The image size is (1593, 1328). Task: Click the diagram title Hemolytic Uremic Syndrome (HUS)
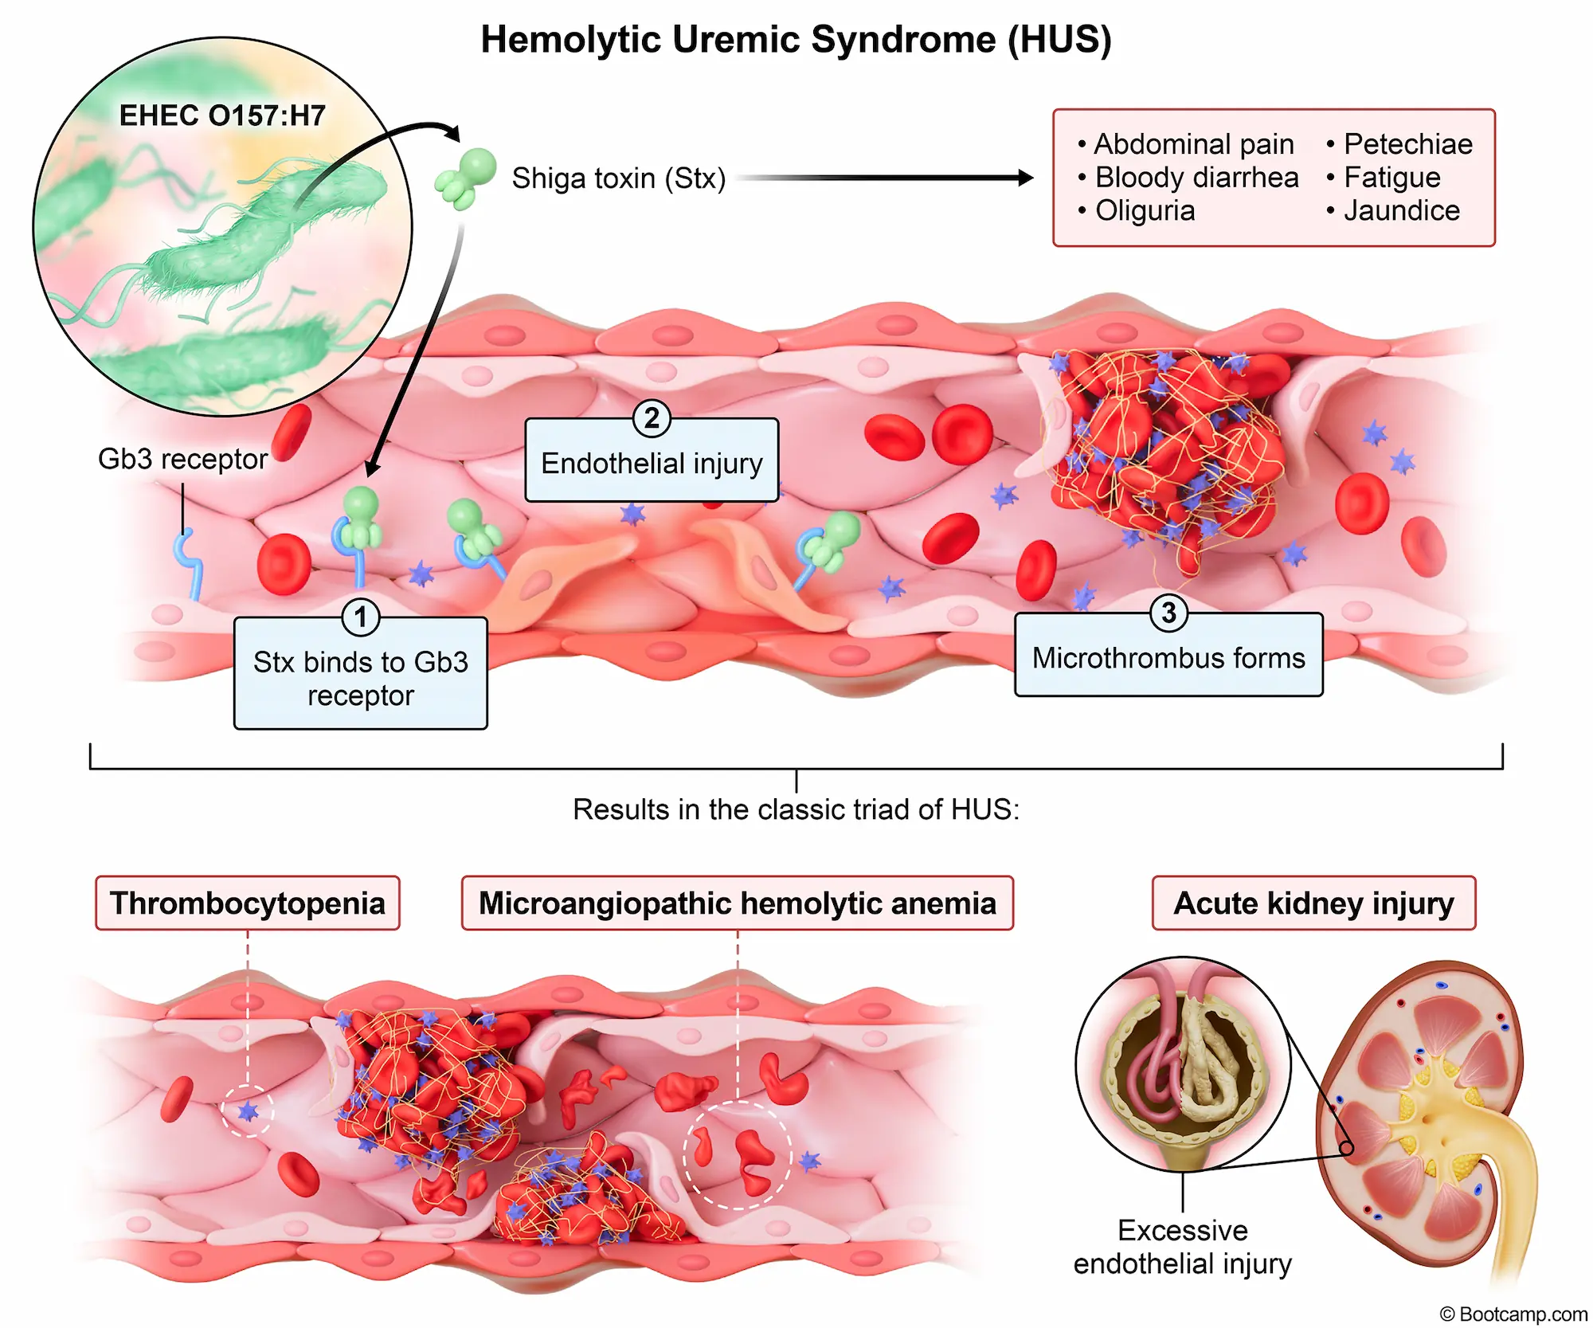point(796,40)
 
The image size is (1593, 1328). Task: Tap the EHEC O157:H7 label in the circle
point(222,116)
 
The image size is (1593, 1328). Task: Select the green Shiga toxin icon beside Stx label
point(466,178)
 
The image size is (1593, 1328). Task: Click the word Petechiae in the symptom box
point(1407,144)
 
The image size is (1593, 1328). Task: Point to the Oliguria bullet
point(1144,211)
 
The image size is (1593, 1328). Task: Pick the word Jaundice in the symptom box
point(1401,211)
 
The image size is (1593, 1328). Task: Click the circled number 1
point(360,617)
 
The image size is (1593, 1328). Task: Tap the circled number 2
point(652,418)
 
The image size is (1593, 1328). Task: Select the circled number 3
point(1168,613)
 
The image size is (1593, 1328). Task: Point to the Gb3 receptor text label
point(182,460)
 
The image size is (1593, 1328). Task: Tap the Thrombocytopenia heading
point(247,903)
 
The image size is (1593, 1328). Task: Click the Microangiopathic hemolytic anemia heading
point(737,903)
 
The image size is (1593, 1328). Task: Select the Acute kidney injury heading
point(1313,903)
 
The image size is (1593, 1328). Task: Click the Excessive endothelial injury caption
point(1182,1247)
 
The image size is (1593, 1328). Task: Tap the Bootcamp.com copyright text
point(1513,1314)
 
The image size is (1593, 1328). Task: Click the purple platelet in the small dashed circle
point(249,1111)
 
